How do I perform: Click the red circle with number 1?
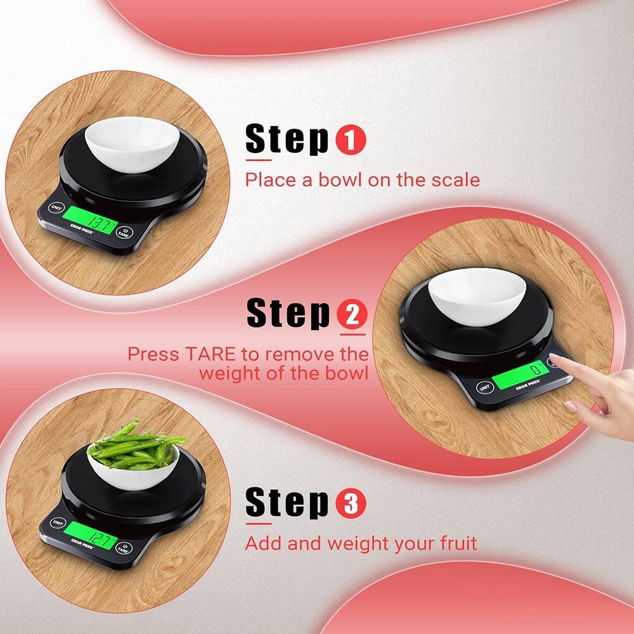point(350,140)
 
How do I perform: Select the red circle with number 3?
point(351,504)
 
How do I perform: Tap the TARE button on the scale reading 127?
point(125,549)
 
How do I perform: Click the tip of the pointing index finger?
point(553,360)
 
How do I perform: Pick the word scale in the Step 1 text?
point(456,179)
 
